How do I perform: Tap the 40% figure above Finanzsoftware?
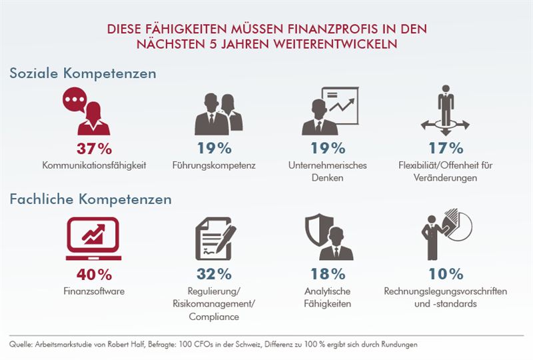[x=93, y=273]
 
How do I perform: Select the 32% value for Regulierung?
[x=215, y=273]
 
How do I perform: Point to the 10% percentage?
[x=446, y=273]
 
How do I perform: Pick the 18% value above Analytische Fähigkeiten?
[x=328, y=273]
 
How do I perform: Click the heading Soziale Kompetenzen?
[x=83, y=73]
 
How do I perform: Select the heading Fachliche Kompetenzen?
[x=91, y=199]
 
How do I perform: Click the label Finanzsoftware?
[x=93, y=291]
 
